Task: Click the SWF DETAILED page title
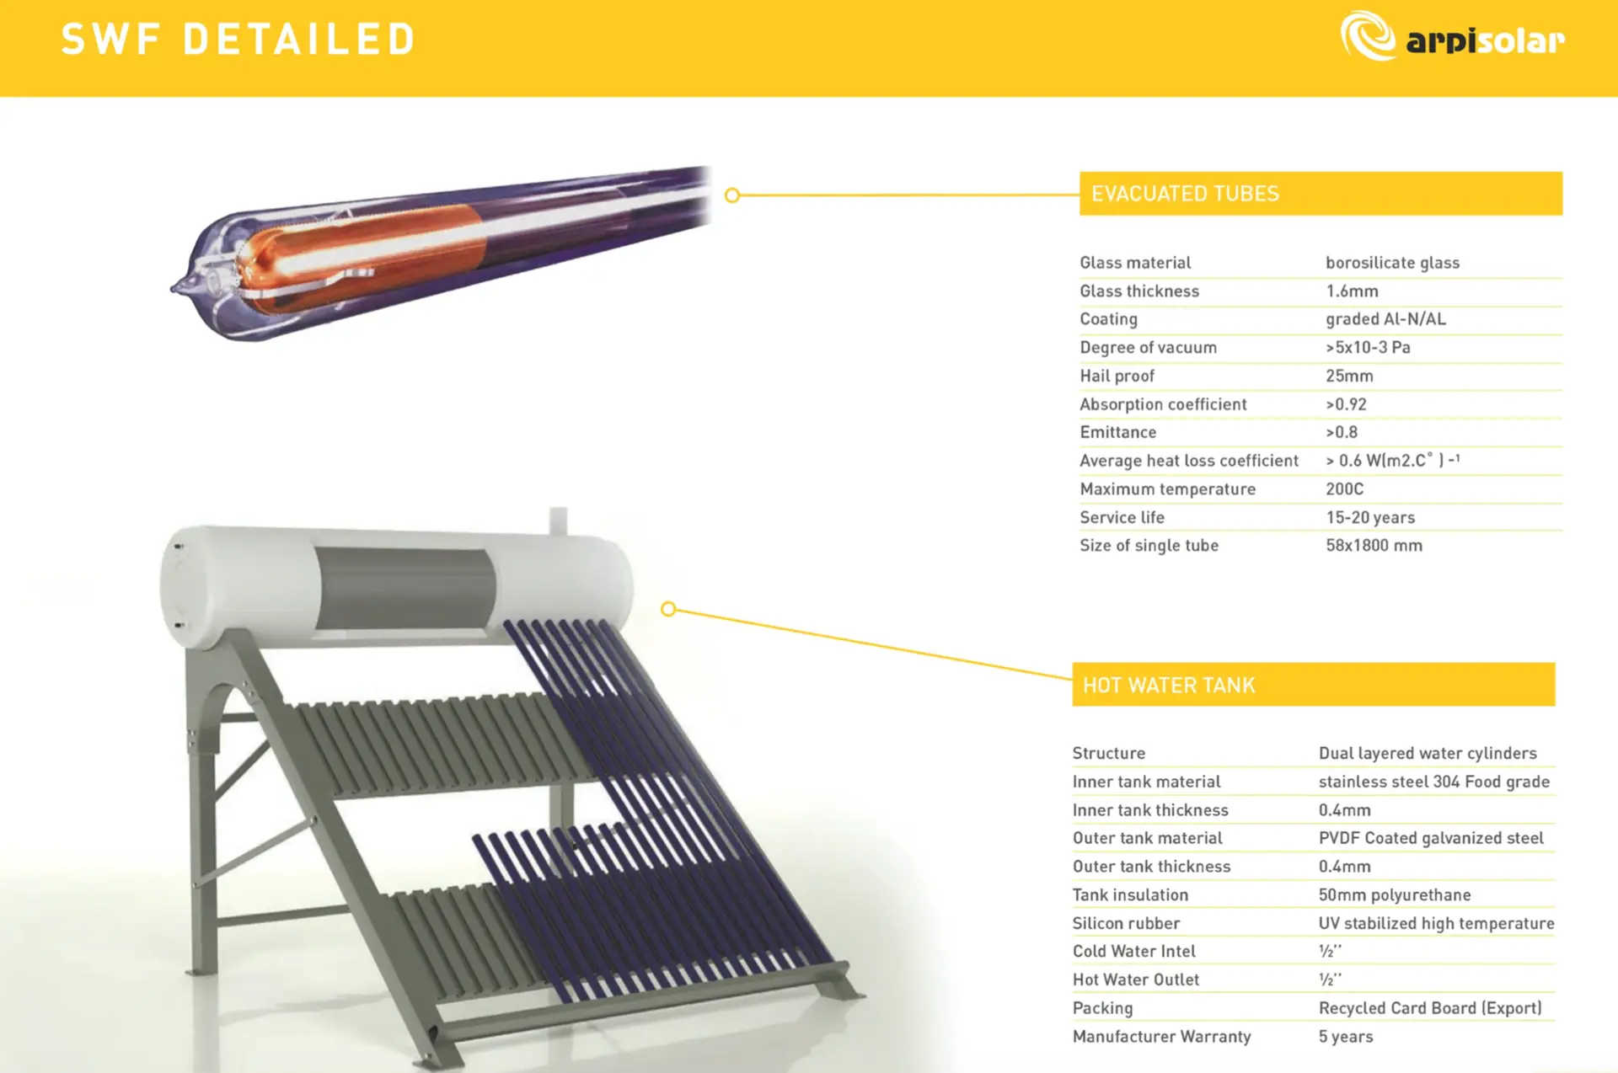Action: tap(238, 40)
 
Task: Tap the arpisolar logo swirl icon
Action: tap(1368, 36)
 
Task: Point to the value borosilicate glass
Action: tap(1392, 263)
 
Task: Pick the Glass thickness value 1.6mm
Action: tap(1352, 291)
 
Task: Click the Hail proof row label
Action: tap(1117, 376)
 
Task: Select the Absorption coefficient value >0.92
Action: tap(1346, 404)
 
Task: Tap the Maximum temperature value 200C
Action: tap(1344, 489)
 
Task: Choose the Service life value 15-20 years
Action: tap(1370, 518)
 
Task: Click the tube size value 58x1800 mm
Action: tap(1374, 546)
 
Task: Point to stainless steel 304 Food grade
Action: tap(1433, 782)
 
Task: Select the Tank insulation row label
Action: tap(1130, 895)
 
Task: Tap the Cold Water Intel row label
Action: tap(1133, 952)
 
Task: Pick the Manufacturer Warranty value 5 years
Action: tap(1346, 1037)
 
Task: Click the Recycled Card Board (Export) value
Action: tap(1430, 1008)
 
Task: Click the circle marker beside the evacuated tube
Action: tap(732, 195)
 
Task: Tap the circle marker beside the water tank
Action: tap(668, 609)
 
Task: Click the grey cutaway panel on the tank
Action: tap(404, 588)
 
